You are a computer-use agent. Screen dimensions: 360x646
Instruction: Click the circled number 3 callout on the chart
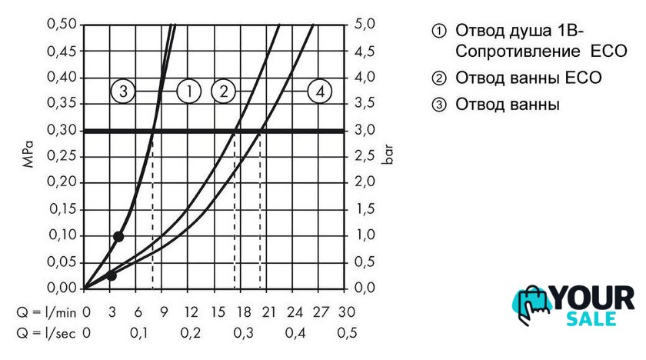123,92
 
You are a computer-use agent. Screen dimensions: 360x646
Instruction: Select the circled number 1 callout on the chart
188,92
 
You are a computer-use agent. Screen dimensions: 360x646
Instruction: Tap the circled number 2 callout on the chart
223,92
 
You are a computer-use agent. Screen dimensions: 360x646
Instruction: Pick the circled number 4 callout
320,92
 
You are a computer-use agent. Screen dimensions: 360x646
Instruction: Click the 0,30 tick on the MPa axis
62,130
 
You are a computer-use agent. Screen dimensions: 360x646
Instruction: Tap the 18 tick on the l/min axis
242,312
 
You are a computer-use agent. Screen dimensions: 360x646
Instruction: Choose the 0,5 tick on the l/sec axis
347,333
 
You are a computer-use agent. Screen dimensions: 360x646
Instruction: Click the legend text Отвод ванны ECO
528,78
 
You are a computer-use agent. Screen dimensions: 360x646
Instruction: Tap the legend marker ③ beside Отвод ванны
439,104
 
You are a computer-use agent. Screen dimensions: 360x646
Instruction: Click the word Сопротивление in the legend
511,51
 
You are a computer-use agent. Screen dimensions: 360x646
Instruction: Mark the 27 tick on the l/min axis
321,312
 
